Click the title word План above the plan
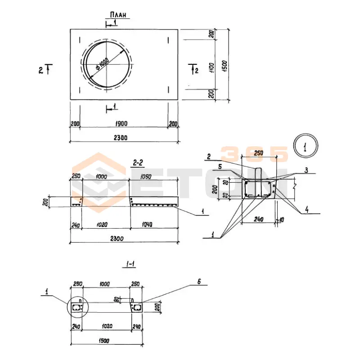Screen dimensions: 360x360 click(118, 14)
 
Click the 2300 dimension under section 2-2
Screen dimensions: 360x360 click(123, 238)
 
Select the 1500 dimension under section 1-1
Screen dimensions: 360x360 click(103, 341)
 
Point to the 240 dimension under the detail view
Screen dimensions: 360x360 click(258, 220)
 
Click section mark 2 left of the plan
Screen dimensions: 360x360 click(41, 70)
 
